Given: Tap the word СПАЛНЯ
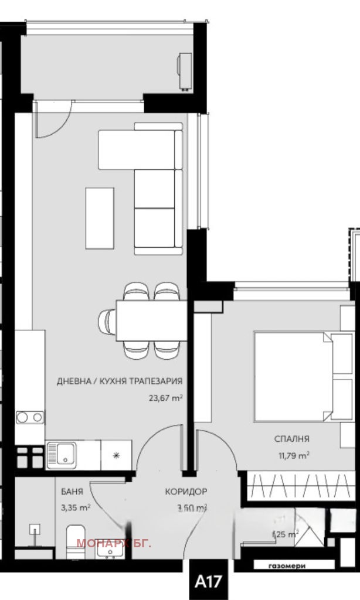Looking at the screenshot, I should (291, 438).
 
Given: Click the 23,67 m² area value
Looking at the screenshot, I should (166, 398).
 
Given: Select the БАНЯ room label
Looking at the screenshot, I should (72, 492).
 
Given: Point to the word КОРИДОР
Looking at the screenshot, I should (186, 492).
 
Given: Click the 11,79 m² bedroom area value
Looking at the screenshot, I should (292, 454).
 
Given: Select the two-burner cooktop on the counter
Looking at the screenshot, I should (29, 417).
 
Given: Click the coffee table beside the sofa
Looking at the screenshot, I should (100, 218).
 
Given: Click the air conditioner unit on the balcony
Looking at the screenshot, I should (186, 71).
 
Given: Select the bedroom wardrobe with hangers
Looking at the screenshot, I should (300, 486).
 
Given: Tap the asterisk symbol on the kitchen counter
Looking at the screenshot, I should (116, 455).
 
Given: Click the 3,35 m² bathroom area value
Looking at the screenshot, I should (76, 507).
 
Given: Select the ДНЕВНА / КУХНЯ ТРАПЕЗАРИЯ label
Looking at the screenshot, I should (119, 381).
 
